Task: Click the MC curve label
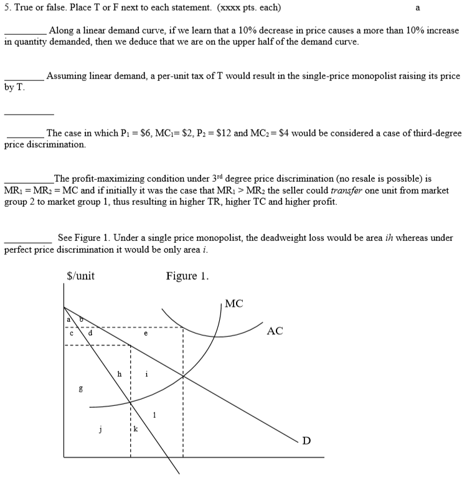(234, 304)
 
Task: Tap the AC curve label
(275, 331)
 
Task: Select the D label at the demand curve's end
(306, 441)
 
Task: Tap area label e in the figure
(146, 334)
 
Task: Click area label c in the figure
(72, 333)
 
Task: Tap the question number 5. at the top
(8, 8)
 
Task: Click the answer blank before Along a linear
(25, 33)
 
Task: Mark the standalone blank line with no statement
(29, 113)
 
